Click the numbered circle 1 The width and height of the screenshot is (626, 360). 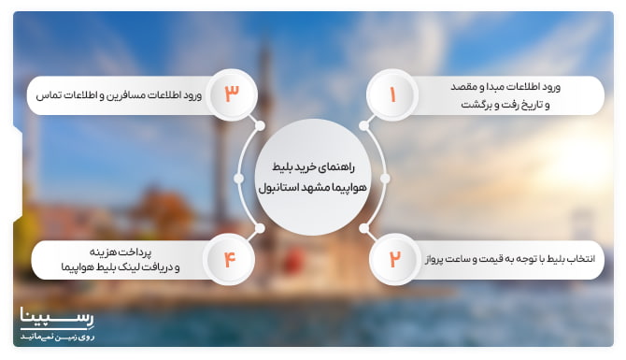pyautogui.click(x=392, y=94)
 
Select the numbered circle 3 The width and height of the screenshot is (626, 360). pyautogui.click(x=231, y=94)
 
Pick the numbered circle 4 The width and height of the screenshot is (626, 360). pyautogui.click(x=230, y=257)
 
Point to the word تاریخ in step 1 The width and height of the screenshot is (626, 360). pyautogui.click(x=538, y=105)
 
